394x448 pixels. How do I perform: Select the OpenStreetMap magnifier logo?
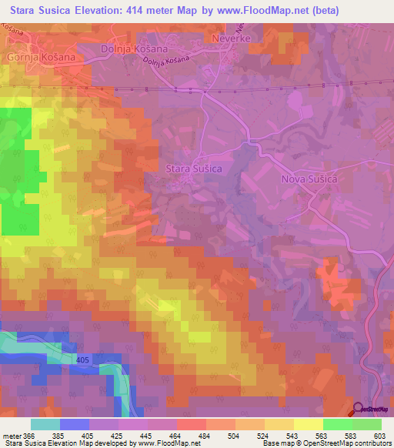point(359,410)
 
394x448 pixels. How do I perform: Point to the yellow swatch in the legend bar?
point(308,425)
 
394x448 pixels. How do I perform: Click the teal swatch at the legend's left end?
point(45,425)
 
